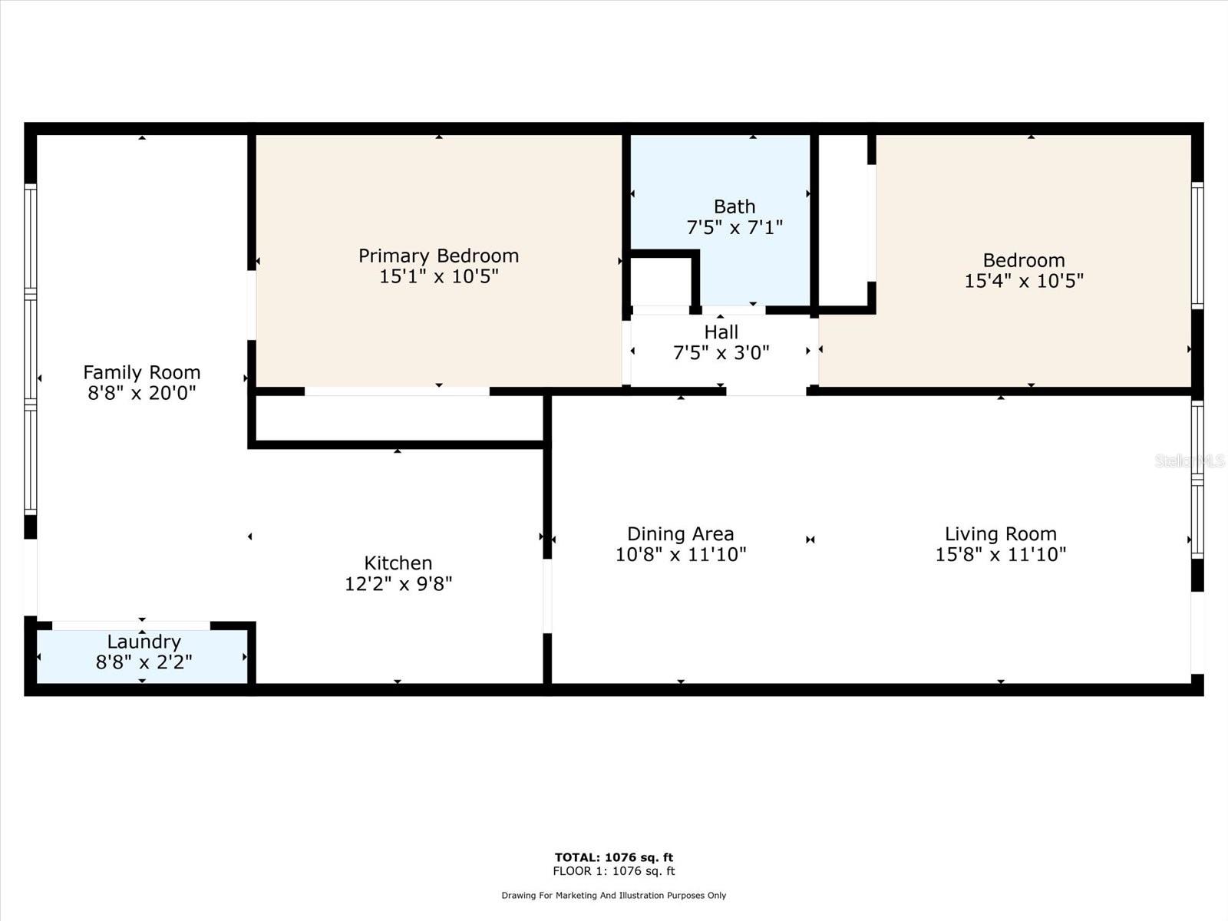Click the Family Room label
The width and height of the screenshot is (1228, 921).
pyautogui.click(x=141, y=372)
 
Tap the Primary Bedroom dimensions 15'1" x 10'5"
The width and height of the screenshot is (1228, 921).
pyautogui.click(x=438, y=276)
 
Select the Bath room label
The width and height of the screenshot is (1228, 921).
pyautogui.click(x=734, y=206)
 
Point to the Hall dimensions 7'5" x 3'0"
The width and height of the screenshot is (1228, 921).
pyautogui.click(x=721, y=353)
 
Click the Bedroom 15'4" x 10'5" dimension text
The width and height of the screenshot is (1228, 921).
pyautogui.click(x=1023, y=281)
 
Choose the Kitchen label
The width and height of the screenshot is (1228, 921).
pyautogui.click(x=398, y=563)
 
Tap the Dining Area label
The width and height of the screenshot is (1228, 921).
pyautogui.click(x=680, y=533)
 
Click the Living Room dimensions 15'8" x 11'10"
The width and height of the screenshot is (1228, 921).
pyautogui.click(x=1000, y=554)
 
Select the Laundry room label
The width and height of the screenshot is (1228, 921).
pyautogui.click(x=144, y=642)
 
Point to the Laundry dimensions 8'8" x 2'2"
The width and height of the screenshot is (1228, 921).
pyautogui.click(x=144, y=662)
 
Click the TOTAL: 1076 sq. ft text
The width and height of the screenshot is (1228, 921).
pyautogui.click(x=613, y=857)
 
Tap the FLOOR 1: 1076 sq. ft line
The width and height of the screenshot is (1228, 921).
pyautogui.click(x=613, y=871)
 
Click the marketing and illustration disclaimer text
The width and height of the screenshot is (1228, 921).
pyautogui.click(x=613, y=895)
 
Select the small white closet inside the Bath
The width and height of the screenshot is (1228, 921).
pyautogui.click(x=660, y=282)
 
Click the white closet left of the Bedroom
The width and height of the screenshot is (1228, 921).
pyautogui.click(x=843, y=220)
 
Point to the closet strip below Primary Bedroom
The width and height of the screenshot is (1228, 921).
pyautogui.click(x=398, y=418)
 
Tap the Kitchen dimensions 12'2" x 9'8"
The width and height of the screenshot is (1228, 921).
pyautogui.click(x=398, y=583)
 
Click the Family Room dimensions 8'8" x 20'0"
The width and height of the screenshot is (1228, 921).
pyautogui.click(x=141, y=393)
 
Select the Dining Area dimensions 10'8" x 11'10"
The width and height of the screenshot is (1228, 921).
pyautogui.click(x=680, y=554)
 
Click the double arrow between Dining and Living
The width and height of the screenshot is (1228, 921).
pyautogui.click(x=810, y=540)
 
